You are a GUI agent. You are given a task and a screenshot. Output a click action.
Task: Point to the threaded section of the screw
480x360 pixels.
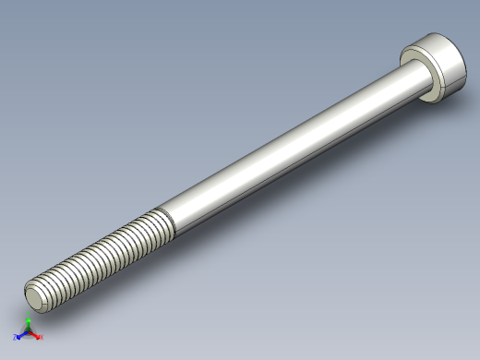coord(102,255)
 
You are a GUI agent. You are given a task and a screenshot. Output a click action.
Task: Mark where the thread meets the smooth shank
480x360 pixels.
coord(168,221)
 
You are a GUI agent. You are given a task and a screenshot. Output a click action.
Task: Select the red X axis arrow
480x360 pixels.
coord(35,334)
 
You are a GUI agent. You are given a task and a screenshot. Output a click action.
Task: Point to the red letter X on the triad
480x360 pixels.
coord(41,337)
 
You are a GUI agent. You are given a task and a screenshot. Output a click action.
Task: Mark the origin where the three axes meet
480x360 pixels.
coord(28,331)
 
